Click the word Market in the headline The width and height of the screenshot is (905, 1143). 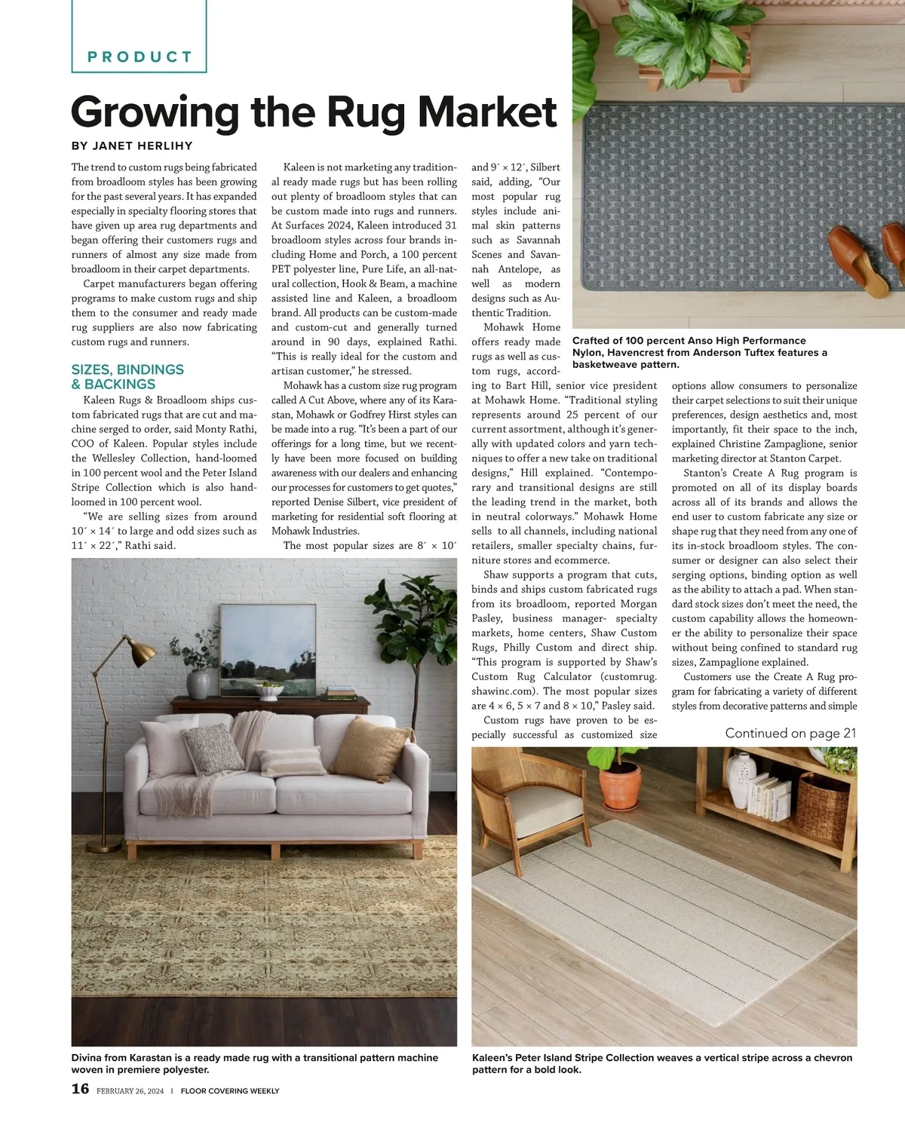coord(486,112)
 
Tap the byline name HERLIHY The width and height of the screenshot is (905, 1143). coord(163,146)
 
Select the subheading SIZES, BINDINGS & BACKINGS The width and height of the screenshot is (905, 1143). coord(127,376)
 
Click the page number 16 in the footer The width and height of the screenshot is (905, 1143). coord(80,1089)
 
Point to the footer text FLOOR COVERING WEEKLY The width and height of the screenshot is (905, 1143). coord(230,1091)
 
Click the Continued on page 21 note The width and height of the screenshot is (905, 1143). coord(790,733)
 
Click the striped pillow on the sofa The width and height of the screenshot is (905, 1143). coord(292,761)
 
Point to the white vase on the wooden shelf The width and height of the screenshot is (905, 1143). coord(741,780)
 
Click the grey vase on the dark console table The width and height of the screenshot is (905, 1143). coord(198,684)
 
